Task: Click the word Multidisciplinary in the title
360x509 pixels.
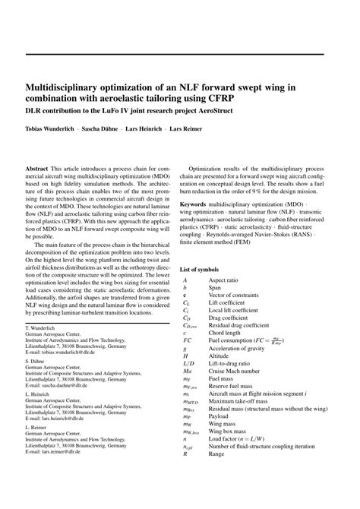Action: [x=68, y=87]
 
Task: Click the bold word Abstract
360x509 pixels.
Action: [x=37, y=166]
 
